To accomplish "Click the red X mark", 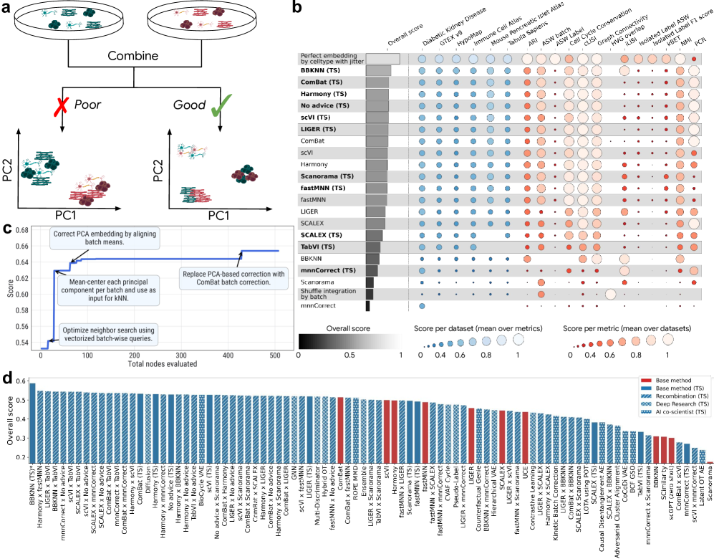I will coord(63,107).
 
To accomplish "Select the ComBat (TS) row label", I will coord(322,82).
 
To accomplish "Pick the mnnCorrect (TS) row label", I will coord(328,270).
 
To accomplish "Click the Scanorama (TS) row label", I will coord(327,176).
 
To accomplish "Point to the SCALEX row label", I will coord(312,223).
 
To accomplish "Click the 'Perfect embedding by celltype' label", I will coord(331,59).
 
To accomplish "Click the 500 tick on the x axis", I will coord(275,355).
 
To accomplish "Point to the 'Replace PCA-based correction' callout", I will coord(233,278).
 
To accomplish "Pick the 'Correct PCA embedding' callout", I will coord(105,239).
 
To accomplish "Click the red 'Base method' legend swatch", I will coord(645,381).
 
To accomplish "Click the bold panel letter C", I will coord(8,229).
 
